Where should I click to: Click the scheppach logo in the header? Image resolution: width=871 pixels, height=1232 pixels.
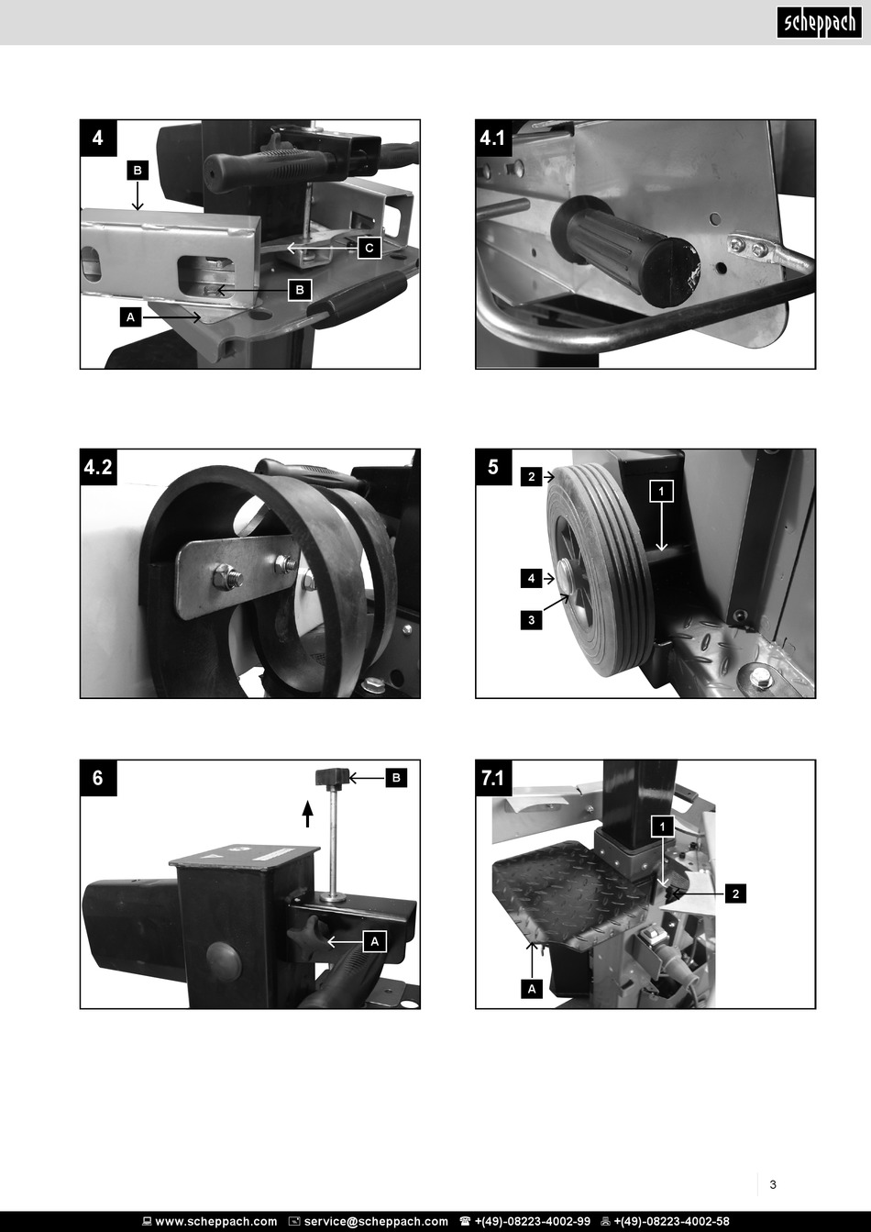pyautogui.click(x=819, y=23)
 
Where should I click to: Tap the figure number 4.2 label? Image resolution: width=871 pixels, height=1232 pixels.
pyautogui.click(x=98, y=467)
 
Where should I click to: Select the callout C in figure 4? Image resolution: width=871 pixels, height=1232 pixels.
pyautogui.click(x=369, y=248)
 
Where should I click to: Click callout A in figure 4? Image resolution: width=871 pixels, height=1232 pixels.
pyautogui.click(x=131, y=317)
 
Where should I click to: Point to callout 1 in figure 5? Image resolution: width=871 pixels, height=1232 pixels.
pyautogui.click(x=662, y=491)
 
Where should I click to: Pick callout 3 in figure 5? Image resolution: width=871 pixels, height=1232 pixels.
pyautogui.click(x=532, y=620)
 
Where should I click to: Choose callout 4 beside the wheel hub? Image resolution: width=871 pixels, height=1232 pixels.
pyautogui.click(x=532, y=578)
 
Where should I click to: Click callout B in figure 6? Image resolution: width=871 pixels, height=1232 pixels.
pyautogui.click(x=396, y=778)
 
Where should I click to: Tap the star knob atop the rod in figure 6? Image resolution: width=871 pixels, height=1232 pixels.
pyautogui.click(x=332, y=778)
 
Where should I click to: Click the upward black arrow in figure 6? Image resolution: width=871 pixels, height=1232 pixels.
pyautogui.click(x=308, y=814)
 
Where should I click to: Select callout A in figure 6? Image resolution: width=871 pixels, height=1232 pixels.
pyautogui.click(x=375, y=941)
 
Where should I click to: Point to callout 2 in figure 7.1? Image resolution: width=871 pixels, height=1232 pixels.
pyautogui.click(x=736, y=893)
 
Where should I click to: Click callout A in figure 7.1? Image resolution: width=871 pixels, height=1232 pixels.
pyautogui.click(x=532, y=989)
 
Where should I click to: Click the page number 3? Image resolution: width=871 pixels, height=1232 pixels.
pyautogui.click(x=773, y=1184)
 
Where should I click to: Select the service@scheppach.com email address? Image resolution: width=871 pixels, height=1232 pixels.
pyautogui.click(x=376, y=1222)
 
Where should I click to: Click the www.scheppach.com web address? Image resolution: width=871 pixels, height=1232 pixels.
pyautogui.click(x=216, y=1222)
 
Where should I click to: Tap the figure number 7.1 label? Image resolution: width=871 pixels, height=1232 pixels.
pyautogui.click(x=493, y=778)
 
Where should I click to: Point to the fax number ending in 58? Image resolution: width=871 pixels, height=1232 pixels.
pyautogui.click(x=671, y=1222)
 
